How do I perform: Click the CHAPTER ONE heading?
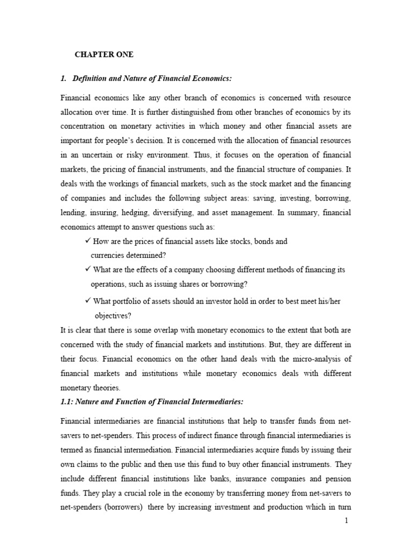coord(104,55)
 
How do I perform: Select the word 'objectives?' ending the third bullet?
coord(113,315)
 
